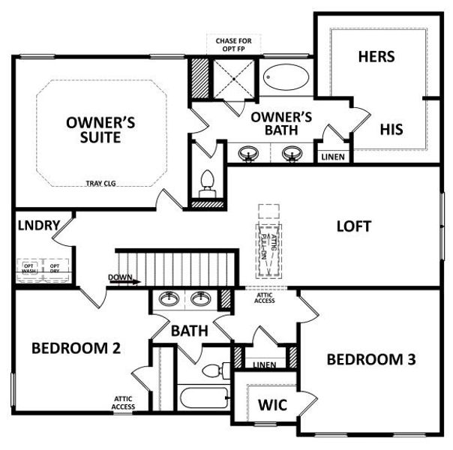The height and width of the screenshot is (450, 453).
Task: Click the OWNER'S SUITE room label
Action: point(100,130)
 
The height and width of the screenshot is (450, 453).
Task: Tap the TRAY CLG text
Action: point(100,182)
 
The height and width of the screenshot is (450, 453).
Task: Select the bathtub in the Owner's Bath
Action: point(286,77)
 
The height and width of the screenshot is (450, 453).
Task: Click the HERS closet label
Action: point(376,57)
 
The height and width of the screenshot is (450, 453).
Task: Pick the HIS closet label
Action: point(391,129)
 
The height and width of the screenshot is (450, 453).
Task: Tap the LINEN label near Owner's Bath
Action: point(333,157)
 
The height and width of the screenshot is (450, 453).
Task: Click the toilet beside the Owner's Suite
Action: point(208,182)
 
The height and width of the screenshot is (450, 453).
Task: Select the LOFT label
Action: point(353,226)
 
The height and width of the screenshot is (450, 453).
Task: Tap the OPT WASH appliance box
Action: point(29,268)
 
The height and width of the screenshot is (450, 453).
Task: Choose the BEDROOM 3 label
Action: point(370,359)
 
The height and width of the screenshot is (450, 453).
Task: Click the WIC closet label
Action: point(272,406)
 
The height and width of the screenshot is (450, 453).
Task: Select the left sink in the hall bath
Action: point(170,300)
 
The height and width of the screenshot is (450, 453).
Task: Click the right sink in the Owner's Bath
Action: point(290,154)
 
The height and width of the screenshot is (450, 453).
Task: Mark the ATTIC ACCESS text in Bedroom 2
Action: point(124,403)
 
